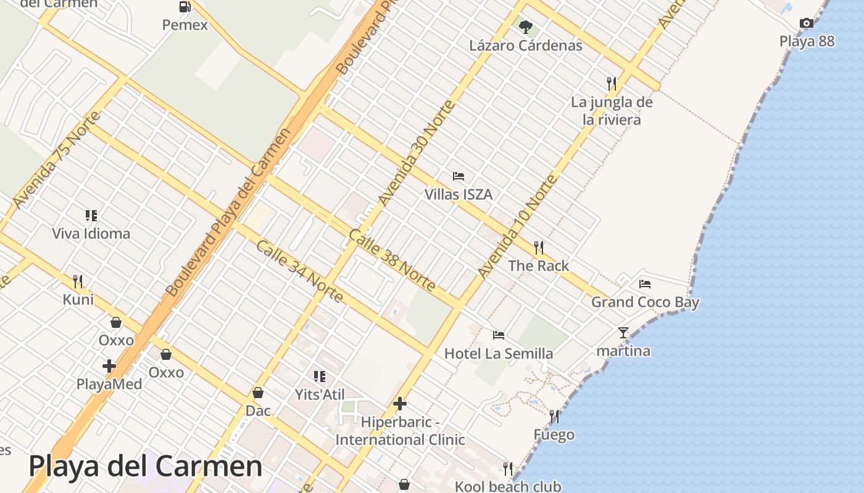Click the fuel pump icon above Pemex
pos(185,7)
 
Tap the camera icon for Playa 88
pos(806,23)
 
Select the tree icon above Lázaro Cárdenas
pos(526,27)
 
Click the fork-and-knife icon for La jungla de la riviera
pos(612,83)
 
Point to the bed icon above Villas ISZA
pos(458,176)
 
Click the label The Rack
pos(538,266)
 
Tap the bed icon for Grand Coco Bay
pos(645,284)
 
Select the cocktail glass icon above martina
pos(623,333)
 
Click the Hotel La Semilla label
pos(499,354)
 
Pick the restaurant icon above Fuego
pos(554,417)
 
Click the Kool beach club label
pos(508,486)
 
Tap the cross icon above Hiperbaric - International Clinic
pos(400,404)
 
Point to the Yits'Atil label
pos(319,394)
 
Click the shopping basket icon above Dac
pos(258,393)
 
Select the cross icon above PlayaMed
pos(109,366)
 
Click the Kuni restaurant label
pos(78,299)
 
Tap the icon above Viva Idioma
pos(91,216)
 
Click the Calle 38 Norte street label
pos(392,260)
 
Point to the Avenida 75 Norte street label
pos(56,160)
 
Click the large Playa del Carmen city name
pos(146,467)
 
